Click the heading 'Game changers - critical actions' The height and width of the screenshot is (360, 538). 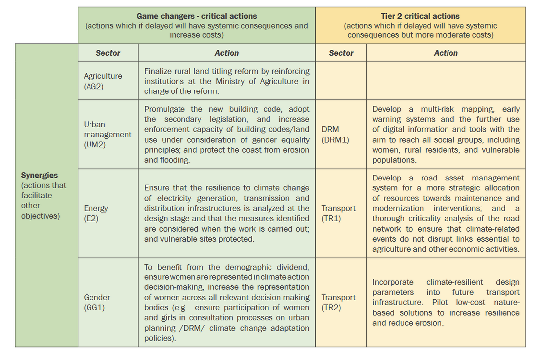tap(196, 16)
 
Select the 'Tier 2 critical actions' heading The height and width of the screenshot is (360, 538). tap(420, 16)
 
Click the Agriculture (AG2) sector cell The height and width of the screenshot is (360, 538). tap(103, 81)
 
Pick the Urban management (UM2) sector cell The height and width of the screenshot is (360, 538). tap(107, 134)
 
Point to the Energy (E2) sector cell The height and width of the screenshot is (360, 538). tap(96, 213)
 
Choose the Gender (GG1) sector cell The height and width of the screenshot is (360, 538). tap(97, 302)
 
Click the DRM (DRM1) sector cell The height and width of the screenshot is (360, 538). tap(335, 134)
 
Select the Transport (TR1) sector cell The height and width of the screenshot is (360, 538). tap(338, 213)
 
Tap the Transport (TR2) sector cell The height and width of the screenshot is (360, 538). tap(338, 302)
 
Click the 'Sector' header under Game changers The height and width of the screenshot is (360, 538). tap(108, 53)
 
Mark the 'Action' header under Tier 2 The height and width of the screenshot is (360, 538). tap(446, 53)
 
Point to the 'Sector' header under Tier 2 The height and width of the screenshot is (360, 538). tap(341, 53)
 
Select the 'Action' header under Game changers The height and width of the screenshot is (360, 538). tap(226, 53)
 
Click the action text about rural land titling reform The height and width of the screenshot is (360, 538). tap(227, 81)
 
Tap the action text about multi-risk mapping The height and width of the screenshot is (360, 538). tap(446, 134)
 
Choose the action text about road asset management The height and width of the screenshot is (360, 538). tap(446, 213)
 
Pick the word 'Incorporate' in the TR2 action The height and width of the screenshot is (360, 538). tap(393, 282)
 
